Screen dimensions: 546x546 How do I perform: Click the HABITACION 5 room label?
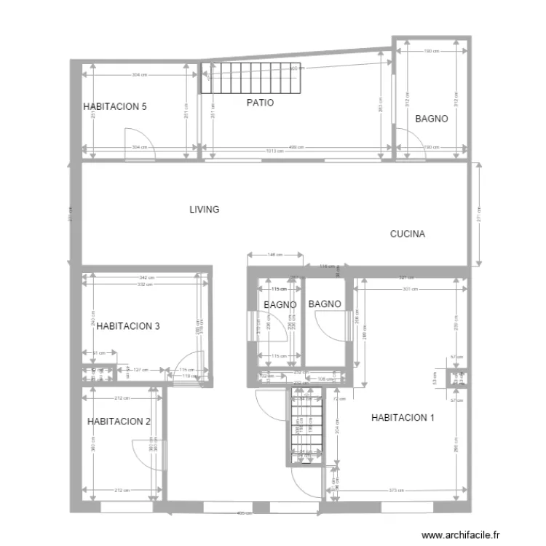(x=115, y=106)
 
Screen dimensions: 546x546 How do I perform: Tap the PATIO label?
(x=260, y=103)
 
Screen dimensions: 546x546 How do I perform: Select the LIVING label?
(x=205, y=210)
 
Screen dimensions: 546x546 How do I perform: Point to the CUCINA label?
(x=408, y=234)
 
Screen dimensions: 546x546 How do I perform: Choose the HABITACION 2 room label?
(x=119, y=422)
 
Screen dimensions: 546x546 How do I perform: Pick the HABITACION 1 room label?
(x=403, y=418)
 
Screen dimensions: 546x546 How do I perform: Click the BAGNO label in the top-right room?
(x=431, y=119)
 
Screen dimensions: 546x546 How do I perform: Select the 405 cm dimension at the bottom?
(x=241, y=513)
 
